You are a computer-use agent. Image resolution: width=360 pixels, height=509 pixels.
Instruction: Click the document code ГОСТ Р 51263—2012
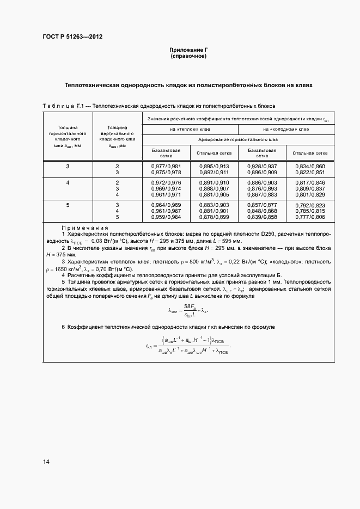[x=72, y=37]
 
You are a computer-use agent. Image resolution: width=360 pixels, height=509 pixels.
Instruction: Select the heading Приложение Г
[x=188, y=50]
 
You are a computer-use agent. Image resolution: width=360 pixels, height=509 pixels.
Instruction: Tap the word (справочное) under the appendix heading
[x=188, y=57]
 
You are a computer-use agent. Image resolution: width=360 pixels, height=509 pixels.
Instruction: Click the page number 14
[x=46, y=462]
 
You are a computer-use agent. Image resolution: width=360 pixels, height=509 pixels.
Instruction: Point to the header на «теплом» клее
[x=190, y=129]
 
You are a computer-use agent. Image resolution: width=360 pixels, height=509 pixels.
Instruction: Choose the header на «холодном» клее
[x=285, y=129]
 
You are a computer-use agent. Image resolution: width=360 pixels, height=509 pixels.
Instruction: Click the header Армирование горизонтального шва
[x=237, y=140]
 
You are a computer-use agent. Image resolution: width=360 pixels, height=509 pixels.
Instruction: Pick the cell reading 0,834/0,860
[x=309, y=166]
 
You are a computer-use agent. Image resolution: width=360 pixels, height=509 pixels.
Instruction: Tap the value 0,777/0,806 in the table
[x=309, y=217]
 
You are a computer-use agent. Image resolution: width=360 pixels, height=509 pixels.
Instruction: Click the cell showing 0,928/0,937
[x=262, y=166]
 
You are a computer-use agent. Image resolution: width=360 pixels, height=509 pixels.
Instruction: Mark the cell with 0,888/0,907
[x=213, y=188]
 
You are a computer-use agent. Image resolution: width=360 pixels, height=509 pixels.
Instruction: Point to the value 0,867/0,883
[x=262, y=195]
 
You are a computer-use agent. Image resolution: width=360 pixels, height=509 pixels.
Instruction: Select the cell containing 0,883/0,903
[x=213, y=204]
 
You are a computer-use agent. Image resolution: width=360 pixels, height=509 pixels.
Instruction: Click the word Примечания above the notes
[x=84, y=228]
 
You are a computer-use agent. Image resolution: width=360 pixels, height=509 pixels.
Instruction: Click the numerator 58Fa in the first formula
[x=189, y=306]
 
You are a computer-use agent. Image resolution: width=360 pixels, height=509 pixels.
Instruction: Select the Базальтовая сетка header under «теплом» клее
[x=166, y=152]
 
